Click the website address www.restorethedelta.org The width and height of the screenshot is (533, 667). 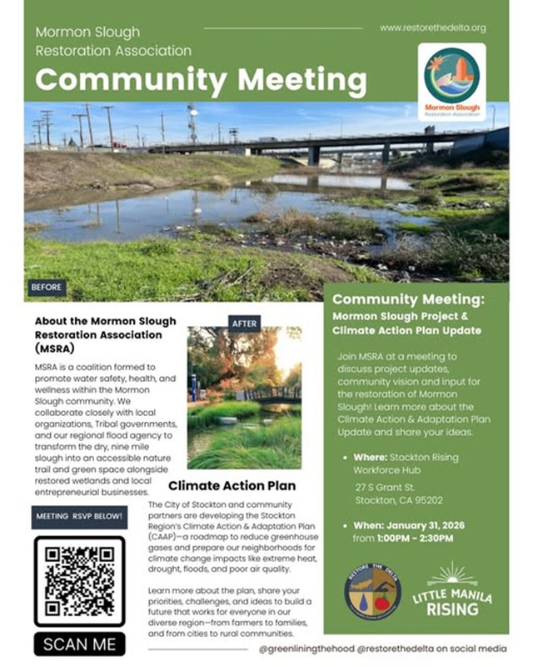[432, 28]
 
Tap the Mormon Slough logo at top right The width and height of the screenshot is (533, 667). [452, 81]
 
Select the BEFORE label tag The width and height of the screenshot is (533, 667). [46, 288]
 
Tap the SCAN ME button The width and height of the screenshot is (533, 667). [80, 644]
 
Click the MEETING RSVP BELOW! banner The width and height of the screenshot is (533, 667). [80, 516]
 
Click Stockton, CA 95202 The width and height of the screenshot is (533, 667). [399, 500]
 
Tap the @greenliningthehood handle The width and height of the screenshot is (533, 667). [306, 648]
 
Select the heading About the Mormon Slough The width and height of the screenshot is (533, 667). [105, 320]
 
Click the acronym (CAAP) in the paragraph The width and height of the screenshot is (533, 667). [163, 539]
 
